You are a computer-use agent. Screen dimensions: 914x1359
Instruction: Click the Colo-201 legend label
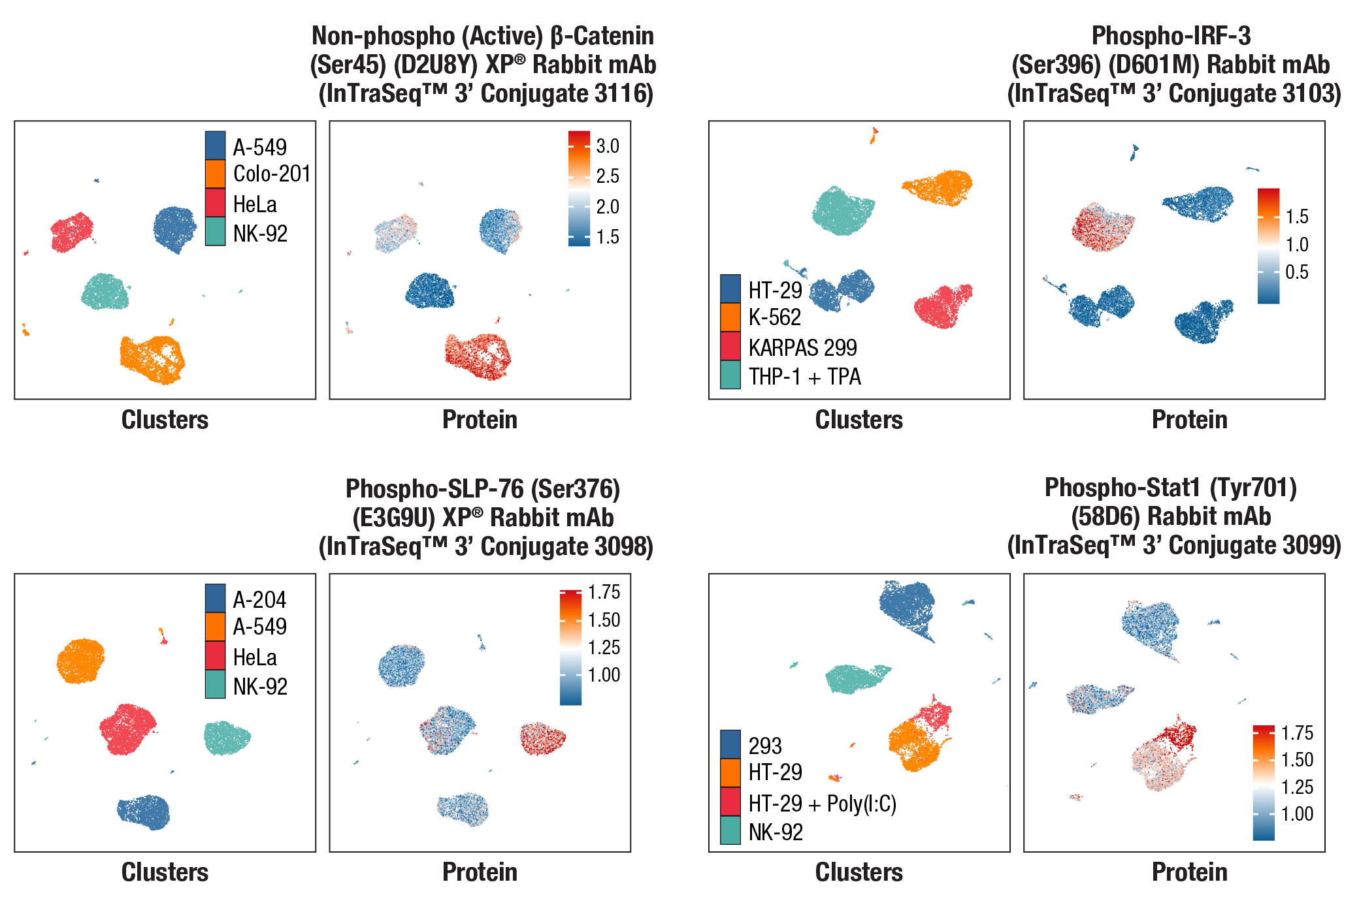click(271, 174)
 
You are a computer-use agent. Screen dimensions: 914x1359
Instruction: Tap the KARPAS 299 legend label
click(802, 347)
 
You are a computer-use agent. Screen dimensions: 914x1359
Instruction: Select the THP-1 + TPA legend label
click(804, 377)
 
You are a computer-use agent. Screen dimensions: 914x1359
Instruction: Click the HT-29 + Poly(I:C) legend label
click(822, 804)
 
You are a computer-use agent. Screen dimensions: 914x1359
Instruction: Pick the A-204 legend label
click(259, 599)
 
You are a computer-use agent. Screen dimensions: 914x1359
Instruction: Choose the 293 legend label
click(765, 746)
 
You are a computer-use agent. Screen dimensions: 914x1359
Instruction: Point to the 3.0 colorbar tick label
click(608, 146)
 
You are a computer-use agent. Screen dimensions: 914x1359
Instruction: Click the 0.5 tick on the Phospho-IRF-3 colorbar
click(1297, 272)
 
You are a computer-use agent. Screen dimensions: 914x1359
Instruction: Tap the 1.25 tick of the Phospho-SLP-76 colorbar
click(604, 647)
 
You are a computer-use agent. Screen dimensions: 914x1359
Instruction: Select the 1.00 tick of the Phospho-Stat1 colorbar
click(1297, 814)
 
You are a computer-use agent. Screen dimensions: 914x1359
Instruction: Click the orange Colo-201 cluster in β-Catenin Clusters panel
click(152, 358)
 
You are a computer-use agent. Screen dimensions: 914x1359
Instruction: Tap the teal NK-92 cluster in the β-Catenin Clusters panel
click(105, 292)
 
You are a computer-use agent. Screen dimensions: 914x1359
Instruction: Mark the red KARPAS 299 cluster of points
click(942, 307)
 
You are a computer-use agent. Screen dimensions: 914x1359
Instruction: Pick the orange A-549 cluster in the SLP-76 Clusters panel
click(80, 661)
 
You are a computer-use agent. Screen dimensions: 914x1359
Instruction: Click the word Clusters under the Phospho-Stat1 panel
click(859, 872)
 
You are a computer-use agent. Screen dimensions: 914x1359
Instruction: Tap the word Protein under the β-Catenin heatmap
click(480, 420)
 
